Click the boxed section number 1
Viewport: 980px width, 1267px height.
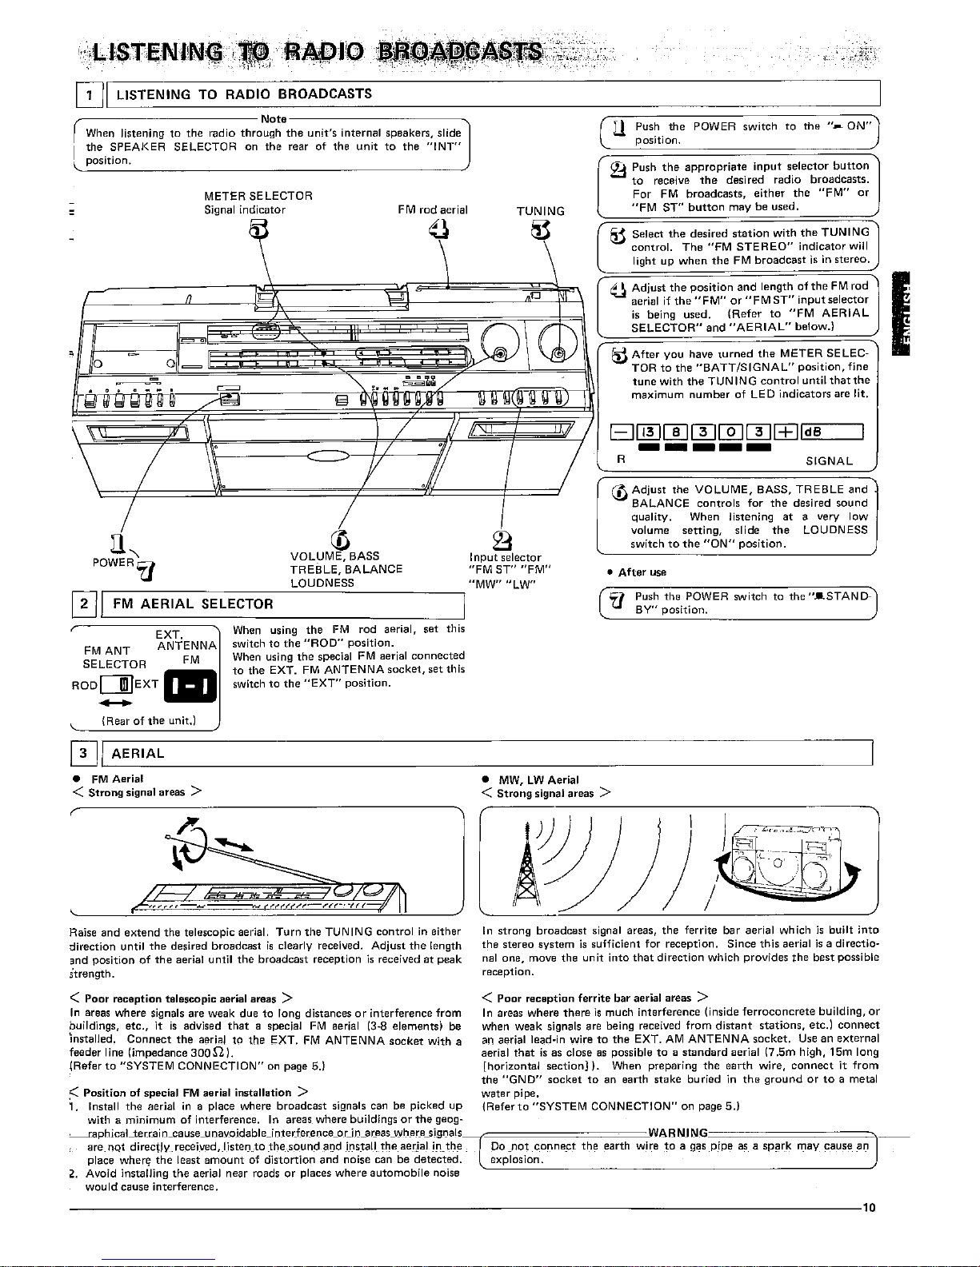coord(90,94)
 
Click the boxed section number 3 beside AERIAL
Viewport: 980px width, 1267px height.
coord(84,753)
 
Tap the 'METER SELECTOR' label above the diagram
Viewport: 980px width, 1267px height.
coord(258,196)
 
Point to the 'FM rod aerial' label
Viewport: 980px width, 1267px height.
coord(432,210)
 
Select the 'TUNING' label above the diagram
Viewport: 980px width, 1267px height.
coord(540,211)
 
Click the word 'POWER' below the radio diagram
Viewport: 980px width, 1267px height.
coord(112,562)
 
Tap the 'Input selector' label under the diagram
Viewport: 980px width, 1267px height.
coord(505,557)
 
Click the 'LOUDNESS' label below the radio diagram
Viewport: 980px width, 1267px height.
coord(322,583)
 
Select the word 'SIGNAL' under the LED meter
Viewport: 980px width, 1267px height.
coord(829,461)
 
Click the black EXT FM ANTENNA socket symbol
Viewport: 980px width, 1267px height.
coord(190,687)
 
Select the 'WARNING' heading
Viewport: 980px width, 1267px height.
coord(677,1133)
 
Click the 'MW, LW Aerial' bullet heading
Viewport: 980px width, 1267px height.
coord(538,779)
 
